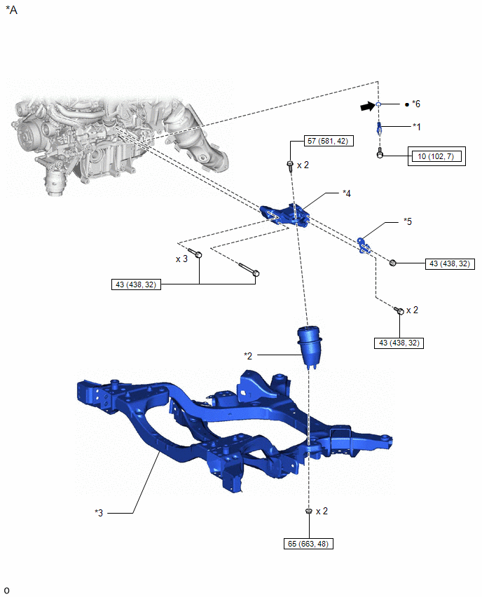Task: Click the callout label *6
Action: pos(416,104)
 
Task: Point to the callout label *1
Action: pos(417,126)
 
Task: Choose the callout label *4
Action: pos(347,193)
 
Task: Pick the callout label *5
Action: pos(408,221)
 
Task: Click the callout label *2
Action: pos(248,356)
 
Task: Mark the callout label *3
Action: pos(99,513)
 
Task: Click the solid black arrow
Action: pos(367,107)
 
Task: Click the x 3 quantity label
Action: pos(181,259)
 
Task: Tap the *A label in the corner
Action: pos(11,10)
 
